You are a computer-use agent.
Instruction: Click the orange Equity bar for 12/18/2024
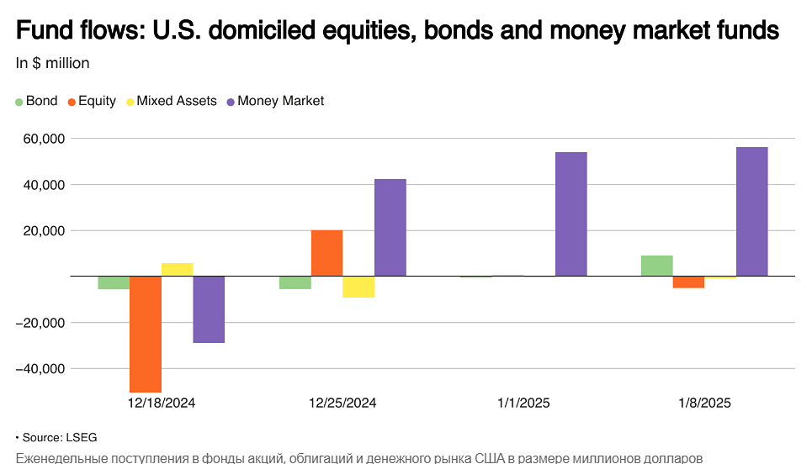pos(145,334)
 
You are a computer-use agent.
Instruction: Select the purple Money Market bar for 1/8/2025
pos(751,212)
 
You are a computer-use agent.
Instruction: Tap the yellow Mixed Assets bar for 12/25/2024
pos(358,287)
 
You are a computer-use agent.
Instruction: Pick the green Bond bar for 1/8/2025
pos(656,266)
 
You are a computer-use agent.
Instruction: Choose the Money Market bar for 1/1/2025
pos(571,214)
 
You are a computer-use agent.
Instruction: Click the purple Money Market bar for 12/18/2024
pos(209,309)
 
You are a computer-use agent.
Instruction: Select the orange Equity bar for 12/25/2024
pos(326,253)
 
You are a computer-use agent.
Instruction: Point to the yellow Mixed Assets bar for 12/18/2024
pos(177,270)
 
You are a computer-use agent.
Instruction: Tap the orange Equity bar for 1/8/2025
pos(688,282)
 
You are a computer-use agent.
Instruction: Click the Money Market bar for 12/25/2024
pos(390,228)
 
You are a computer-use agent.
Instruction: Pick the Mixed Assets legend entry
pos(170,101)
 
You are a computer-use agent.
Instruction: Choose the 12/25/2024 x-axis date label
pos(342,403)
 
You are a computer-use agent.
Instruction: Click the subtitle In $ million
pos(52,63)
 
